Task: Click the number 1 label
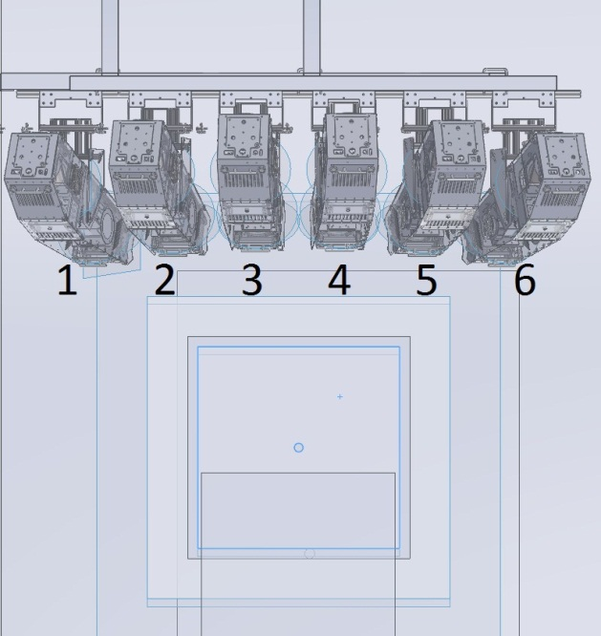coord(66,281)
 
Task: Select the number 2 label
coord(164,281)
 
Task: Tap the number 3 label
coord(251,281)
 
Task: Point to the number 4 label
coord(339,281)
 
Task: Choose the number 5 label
coord(426,281)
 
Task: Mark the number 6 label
coord(525,281)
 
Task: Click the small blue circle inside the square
coord(298,447)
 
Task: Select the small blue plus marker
coord(340,396)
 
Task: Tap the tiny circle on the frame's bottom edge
coord(309,554)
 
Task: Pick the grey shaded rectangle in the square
coord(298,510)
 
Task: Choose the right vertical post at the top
coord(311,33)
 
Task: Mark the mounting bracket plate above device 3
coord(251,100)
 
